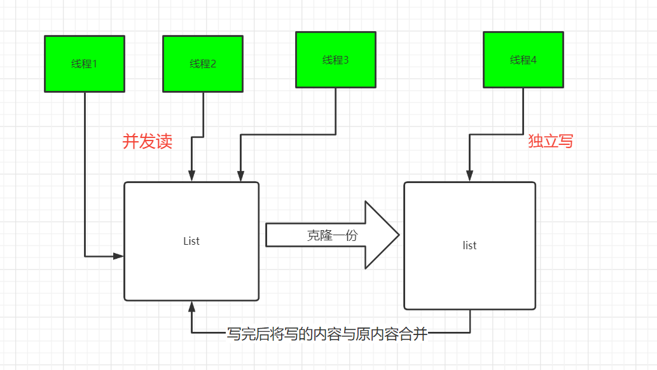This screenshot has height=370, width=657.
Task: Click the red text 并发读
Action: pos(147,142)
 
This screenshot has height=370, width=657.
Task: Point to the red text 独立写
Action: pos(550,142)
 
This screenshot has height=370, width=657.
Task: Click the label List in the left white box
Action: pos(191,241)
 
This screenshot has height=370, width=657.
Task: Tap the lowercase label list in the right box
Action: pos(469,245)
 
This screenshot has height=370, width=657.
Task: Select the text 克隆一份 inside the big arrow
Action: pos(332,235)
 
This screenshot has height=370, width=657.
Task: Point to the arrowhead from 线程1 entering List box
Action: pos(119,256)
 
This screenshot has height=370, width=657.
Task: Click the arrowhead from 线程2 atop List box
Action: pos(191,176)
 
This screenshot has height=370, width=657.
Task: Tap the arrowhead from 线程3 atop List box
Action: pos(240,176)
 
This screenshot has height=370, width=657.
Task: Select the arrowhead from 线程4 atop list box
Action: pos(470,176)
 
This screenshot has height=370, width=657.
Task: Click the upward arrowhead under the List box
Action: pos(191,307)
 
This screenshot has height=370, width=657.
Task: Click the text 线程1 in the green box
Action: pos(84,64)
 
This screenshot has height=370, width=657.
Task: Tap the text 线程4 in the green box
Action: pos(523,60)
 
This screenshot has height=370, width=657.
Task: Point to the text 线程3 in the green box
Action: pos(335,60)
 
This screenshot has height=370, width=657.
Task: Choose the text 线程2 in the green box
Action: pos(203,64)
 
